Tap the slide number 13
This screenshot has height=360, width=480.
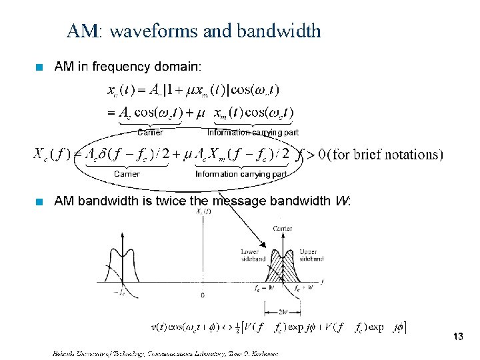[457, 337]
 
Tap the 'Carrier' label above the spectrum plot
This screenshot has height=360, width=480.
[282, 229]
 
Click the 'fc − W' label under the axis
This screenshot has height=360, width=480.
[263, 288]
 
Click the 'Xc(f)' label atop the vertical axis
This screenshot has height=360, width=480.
[203, 211]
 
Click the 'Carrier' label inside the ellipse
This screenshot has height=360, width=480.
[127, 173]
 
